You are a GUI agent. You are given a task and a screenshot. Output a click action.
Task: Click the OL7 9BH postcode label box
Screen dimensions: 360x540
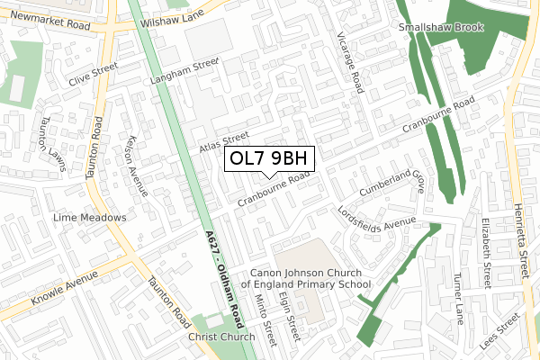tap(269, 158)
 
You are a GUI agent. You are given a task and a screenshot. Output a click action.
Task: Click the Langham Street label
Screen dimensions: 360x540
tap(186, 68)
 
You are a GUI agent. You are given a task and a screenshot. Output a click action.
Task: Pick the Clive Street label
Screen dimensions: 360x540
tap(94, 70)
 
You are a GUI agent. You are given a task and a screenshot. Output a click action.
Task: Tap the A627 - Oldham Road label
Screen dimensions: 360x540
tap(224, 283)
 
